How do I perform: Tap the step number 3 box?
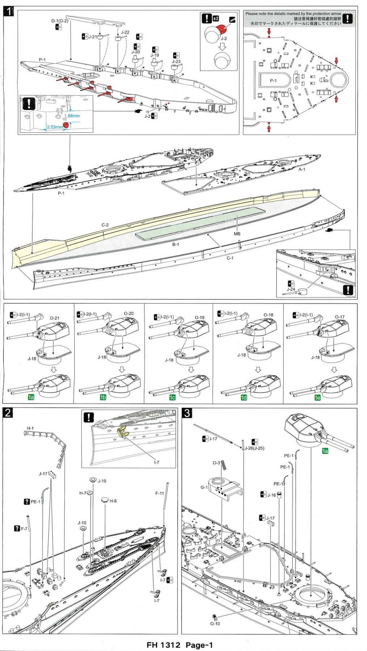pyautogui.click(x=187, y=413)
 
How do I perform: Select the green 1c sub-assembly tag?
pyautogui.click(x=172, y=397)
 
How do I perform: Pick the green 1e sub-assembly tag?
pyautogui.click(x=317, y=397)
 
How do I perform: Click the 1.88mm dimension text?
pyautogui.click(x=72, y=116)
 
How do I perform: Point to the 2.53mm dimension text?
pyautogui.click(x=55, y=127)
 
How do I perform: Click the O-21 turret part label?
pyautogui.click(x=55, y=318)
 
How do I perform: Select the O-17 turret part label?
pyautogui.click(x=339, y=317)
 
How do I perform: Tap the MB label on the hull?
pyautogui.click(x=237, y=234)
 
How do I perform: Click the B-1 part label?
pyautogui.click(x=176, y=244)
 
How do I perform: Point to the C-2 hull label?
pyautogui.click(x=105, y=225)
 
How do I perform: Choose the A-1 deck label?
pyautogui.click(x=302, y=169)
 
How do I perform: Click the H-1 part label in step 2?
pyautogui.click(x=30, y=428)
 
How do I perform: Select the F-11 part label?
pyautogui.click(x=160, y=493)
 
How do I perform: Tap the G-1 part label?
pyautogui.click(x=204, y=487)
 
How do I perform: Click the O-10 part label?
pyautogui.click(x=215, y=624)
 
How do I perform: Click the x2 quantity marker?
pyautogui.click(x=216, y=18)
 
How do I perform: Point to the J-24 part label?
pyautogui.click(x=291, y=289)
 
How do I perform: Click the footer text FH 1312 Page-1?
pyautogui.click(x=180, y=645)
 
